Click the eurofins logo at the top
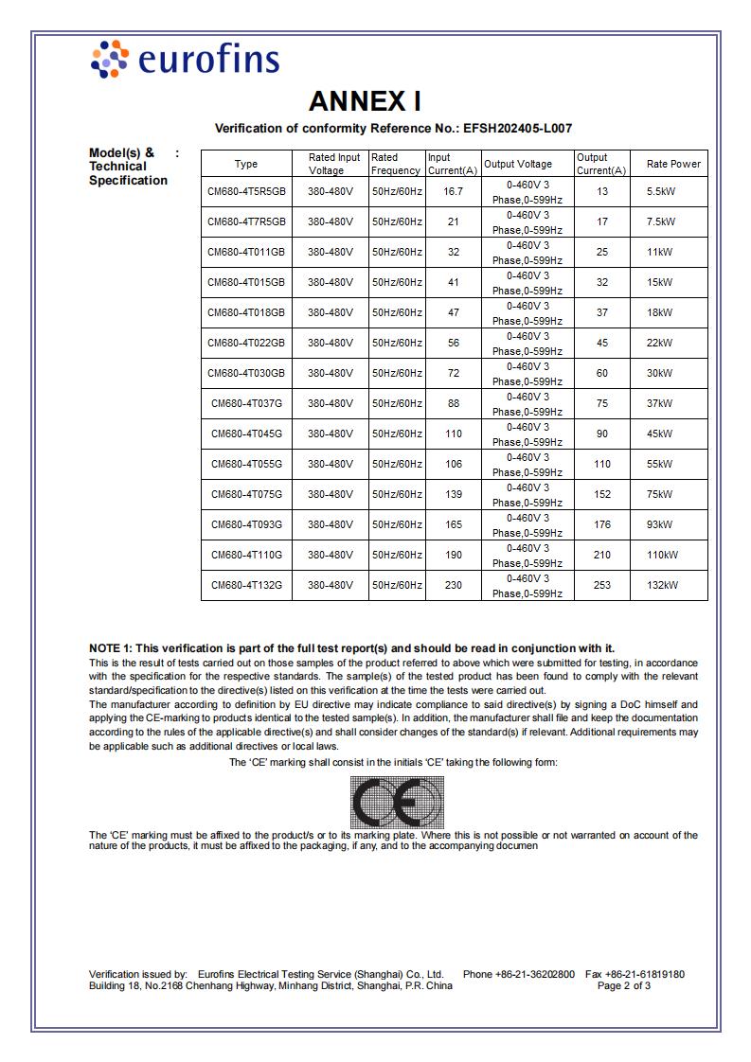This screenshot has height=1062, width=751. click(185, 59)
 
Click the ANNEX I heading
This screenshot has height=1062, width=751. click(365, 101)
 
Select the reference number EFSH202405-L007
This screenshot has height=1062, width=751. click(517, 128)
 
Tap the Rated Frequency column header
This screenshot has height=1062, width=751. click(396, 164)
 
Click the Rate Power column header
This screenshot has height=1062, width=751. click(673, 164)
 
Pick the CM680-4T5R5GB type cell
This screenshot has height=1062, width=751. click(246, 191)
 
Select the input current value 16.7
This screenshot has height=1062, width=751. click(453, 191)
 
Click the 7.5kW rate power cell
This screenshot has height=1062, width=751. click(660, 221)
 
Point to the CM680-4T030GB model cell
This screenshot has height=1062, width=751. click(246, 373)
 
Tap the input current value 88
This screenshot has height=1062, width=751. click(453, 403)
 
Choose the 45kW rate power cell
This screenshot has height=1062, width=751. click(659, 434)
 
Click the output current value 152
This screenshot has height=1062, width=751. click(601, 494)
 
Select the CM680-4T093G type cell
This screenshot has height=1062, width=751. click(246, 524)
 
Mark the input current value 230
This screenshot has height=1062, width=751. click(453, 585)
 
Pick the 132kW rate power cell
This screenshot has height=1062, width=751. click(662, 585)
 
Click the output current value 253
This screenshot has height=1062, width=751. click(601, 585)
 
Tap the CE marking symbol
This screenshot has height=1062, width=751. click(397, 802)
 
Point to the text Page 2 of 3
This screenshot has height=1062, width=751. click(624, 985)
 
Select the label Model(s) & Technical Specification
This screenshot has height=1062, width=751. click(128, 167)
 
